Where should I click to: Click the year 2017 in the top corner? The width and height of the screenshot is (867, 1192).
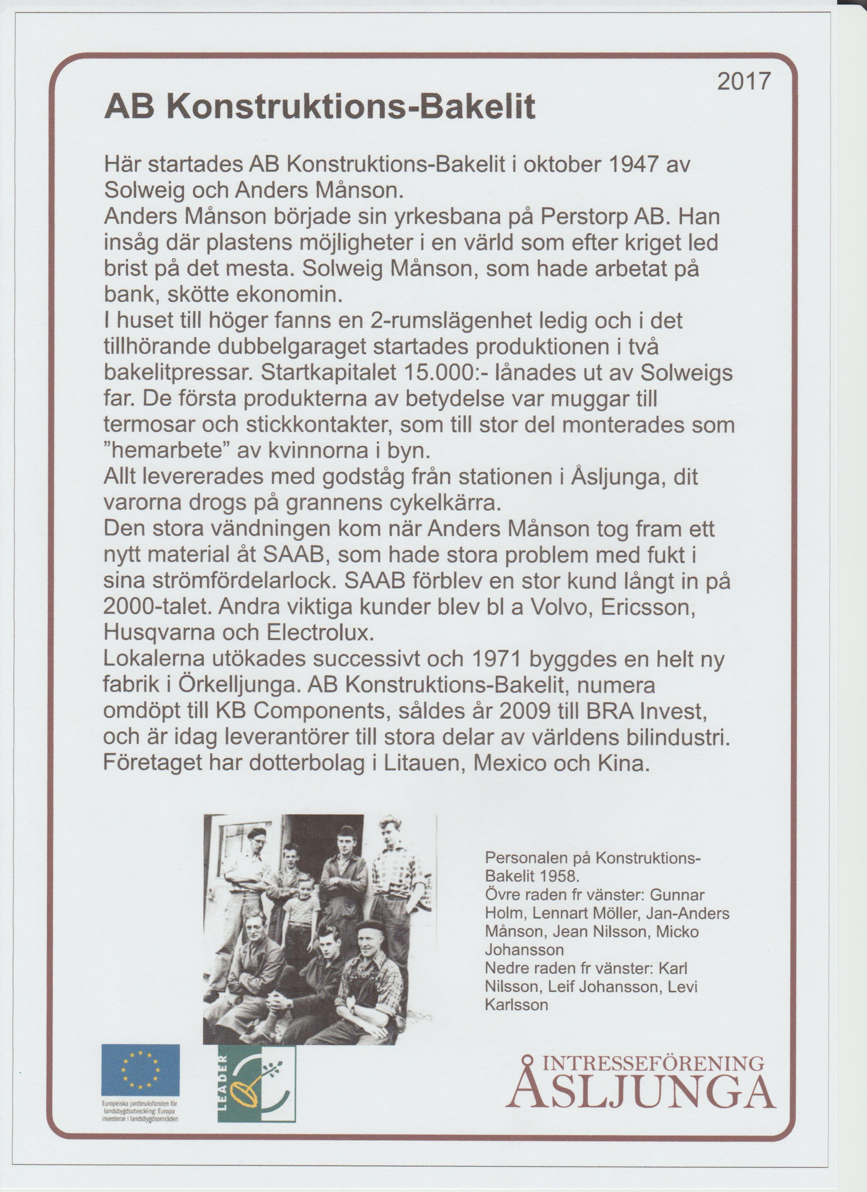click(744, 82)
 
